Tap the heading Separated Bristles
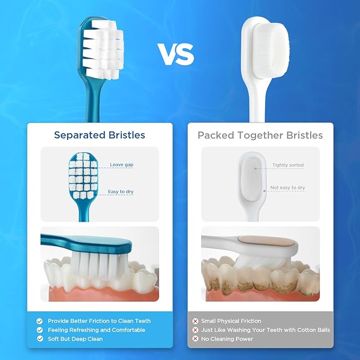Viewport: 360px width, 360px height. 99,135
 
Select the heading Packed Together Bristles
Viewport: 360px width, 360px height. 260,135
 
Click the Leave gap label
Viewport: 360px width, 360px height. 121,165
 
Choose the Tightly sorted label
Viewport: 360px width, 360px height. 288,165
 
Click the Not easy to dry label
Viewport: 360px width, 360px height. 287,188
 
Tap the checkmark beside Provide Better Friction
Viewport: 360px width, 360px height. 39,321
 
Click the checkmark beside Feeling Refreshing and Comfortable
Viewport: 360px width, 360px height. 39,330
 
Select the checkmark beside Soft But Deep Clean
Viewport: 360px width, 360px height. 39,338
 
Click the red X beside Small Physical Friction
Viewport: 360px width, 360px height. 196,321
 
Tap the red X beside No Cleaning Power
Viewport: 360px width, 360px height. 196,338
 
